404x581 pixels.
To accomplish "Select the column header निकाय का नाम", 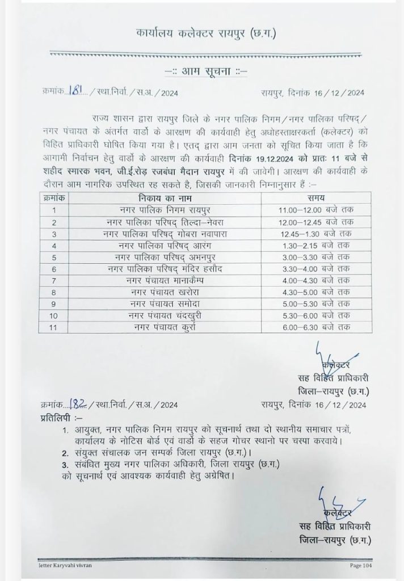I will tap(164, 199).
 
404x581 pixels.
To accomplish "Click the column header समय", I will tap(316, 199).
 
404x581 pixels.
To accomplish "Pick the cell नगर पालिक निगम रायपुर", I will tap(164, 210).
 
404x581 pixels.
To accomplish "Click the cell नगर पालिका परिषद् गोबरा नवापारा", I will tap(164, 233).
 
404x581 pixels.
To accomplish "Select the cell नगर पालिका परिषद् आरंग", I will tap(164, 245).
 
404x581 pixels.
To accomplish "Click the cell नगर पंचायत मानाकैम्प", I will tap(164, 280).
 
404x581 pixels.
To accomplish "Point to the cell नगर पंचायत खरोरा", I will tap(164, 292).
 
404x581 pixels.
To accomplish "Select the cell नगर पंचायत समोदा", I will tap(164, 304).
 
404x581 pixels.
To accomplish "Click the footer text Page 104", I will tap(361, 565).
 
